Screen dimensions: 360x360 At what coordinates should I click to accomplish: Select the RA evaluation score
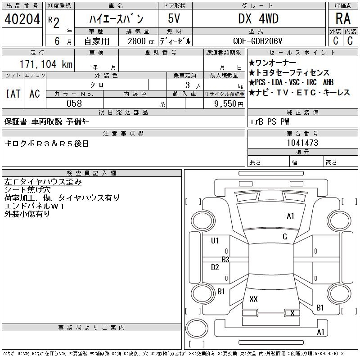tap(342, 18)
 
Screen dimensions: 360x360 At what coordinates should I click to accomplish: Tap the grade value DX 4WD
tap(258, 18)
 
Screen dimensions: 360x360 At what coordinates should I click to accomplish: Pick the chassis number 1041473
tap(302, 143)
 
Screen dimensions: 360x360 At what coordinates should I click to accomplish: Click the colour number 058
tap(74, 103)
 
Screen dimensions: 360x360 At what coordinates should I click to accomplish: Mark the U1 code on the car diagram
tap(215, 241)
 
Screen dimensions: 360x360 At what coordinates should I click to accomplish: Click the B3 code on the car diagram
tap(225, 259)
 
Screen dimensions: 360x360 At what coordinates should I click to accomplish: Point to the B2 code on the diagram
tap(215, 267)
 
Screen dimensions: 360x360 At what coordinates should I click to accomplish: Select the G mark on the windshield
tap(284, 237)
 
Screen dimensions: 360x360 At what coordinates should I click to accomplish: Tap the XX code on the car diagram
tap(253, 299)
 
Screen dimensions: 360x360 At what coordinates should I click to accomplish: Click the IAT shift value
tap(13, 94)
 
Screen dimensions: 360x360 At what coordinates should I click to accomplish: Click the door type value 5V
tap(175, 18)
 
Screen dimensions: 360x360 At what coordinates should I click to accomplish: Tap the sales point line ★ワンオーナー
tap(272, 63)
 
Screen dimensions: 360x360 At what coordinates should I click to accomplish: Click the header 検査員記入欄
tap(92, 173)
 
